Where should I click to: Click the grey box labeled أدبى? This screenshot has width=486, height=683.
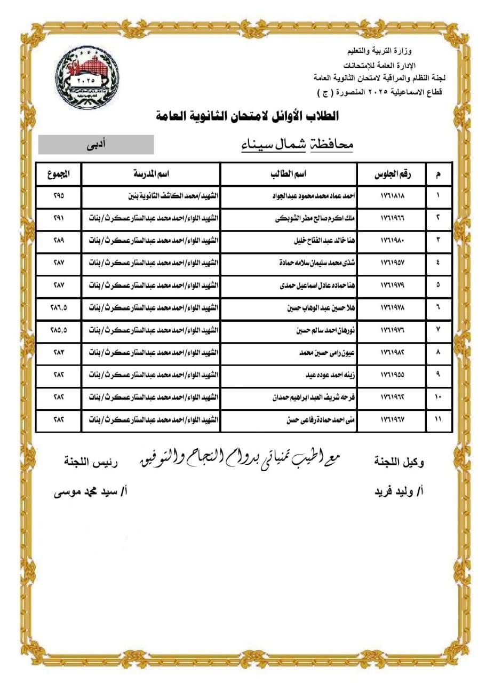(x=96, y=145)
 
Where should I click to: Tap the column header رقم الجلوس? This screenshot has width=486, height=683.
(x=392, y=174)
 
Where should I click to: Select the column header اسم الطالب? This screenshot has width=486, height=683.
(x=288, y=174)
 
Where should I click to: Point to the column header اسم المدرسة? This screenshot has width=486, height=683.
(x=151, y=174)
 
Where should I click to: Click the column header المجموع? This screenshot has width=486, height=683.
(x=59, y=174)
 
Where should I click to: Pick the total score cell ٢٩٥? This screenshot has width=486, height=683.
(x=59, y=195)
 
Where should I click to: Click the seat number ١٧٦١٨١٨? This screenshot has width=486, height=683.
(x=392, y=195)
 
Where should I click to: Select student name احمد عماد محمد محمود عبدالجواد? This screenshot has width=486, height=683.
(x=314, y=195)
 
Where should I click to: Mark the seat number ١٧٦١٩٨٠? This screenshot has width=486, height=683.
(x=392, y=240)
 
